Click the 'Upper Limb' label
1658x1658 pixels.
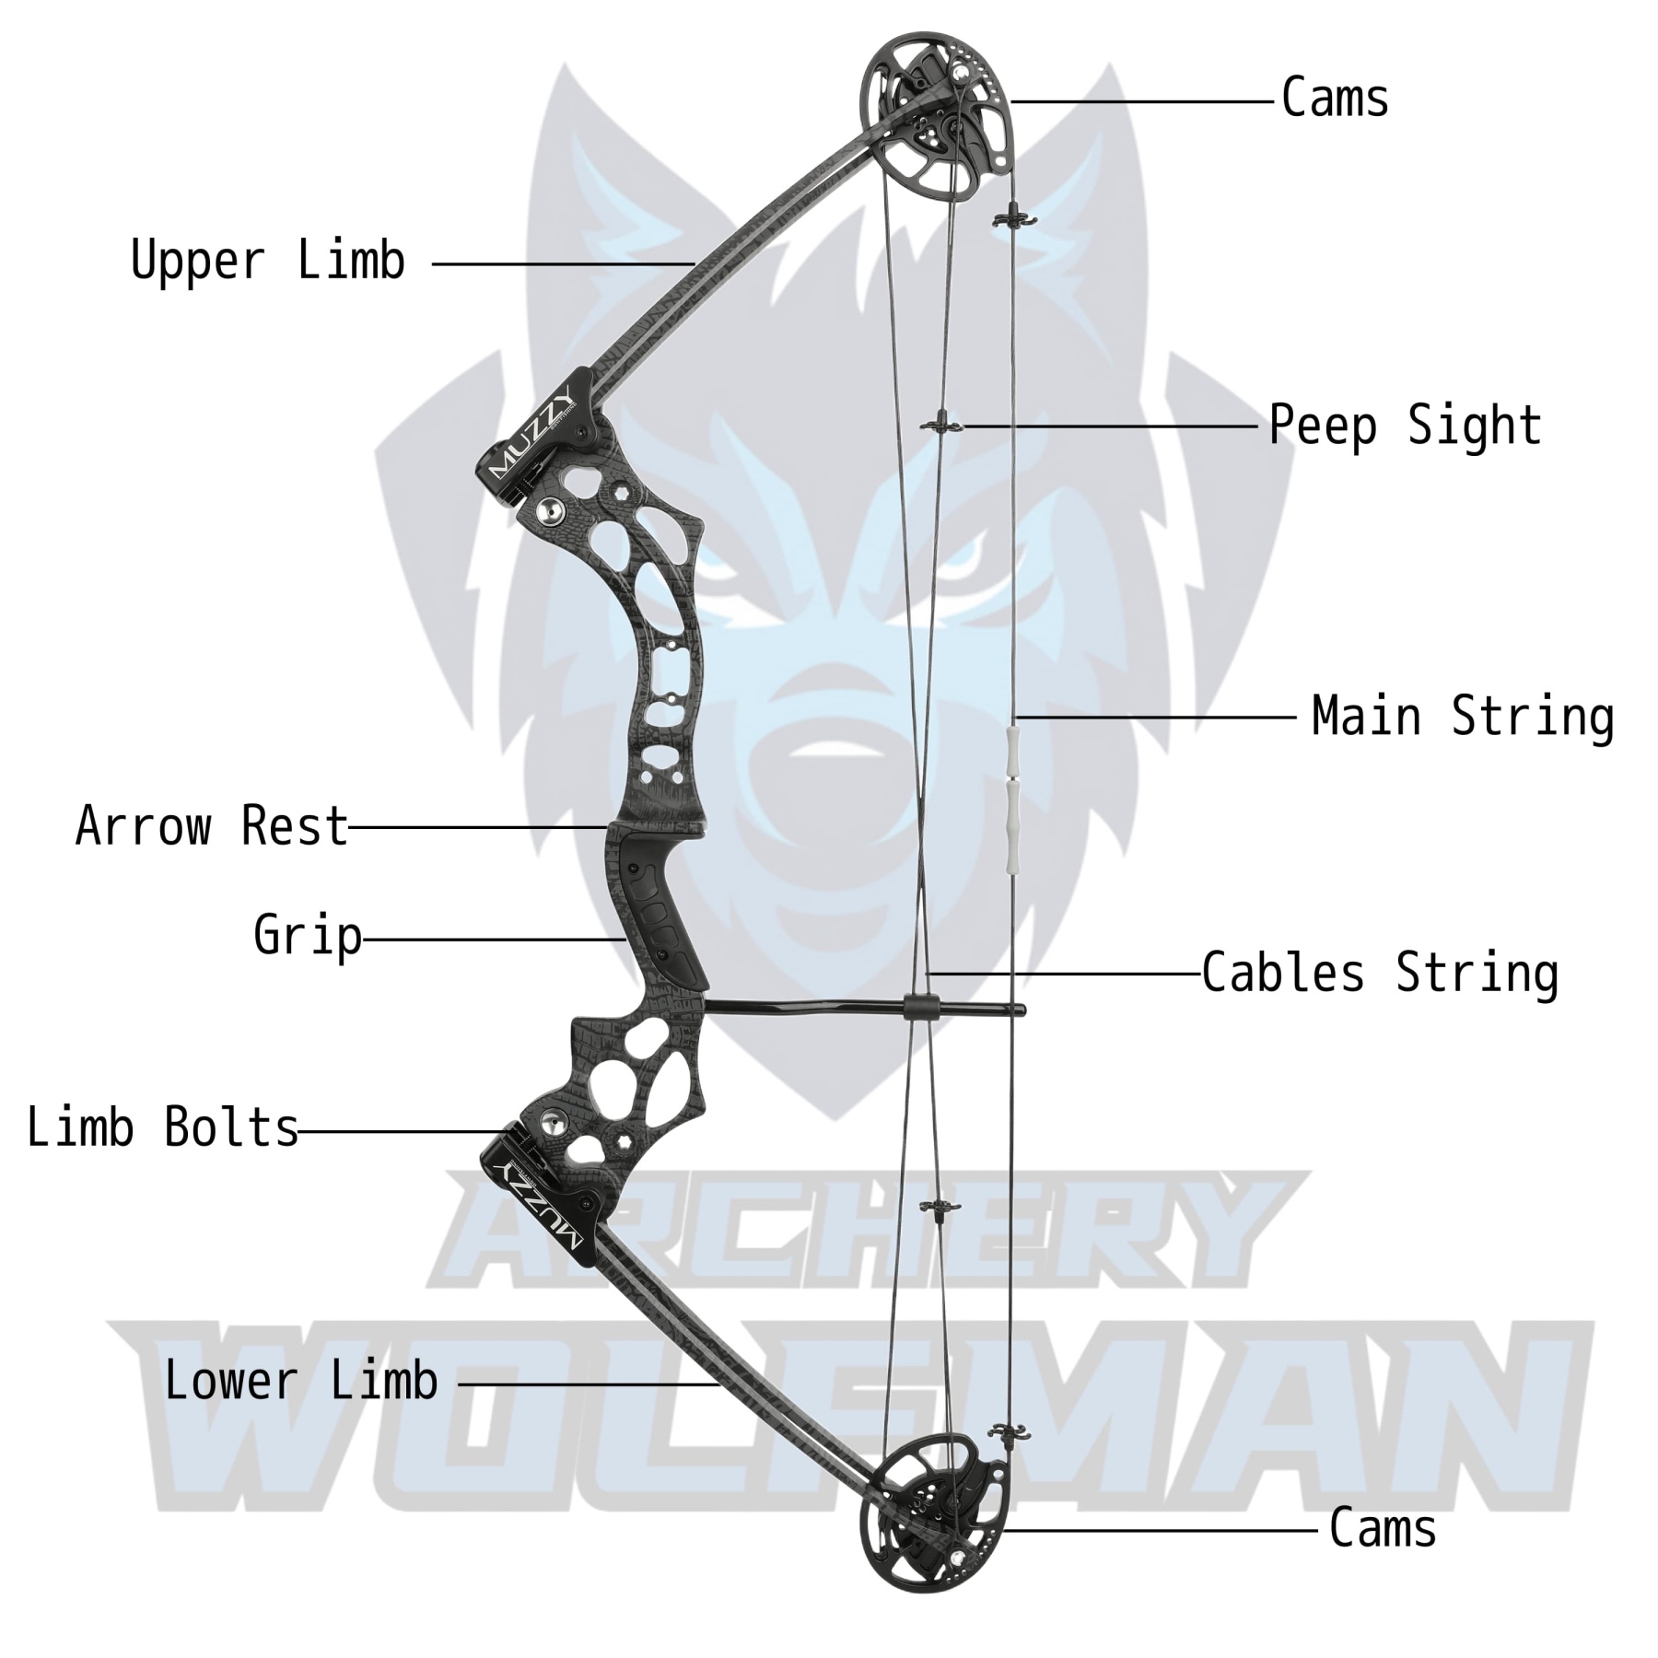267,261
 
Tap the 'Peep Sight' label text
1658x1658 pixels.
1405,426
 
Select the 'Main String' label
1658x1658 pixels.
1462,718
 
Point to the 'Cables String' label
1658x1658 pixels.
1380,974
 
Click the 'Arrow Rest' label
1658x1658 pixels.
212,826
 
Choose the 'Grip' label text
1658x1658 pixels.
308,936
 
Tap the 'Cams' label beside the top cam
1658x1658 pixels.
1335,99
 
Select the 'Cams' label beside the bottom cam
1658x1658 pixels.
1382,1529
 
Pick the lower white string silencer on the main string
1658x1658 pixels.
1014,814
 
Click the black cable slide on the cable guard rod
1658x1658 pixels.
920,1008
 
